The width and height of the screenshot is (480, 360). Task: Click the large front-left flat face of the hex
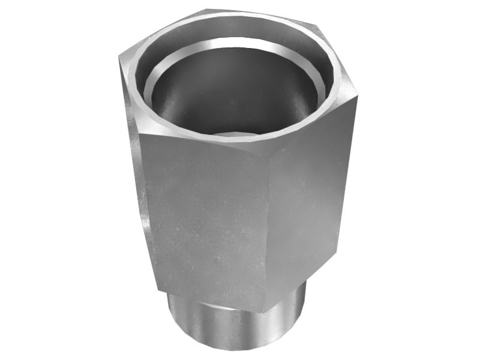[204, 216]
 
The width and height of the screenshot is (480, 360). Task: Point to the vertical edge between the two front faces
[267, 228]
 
